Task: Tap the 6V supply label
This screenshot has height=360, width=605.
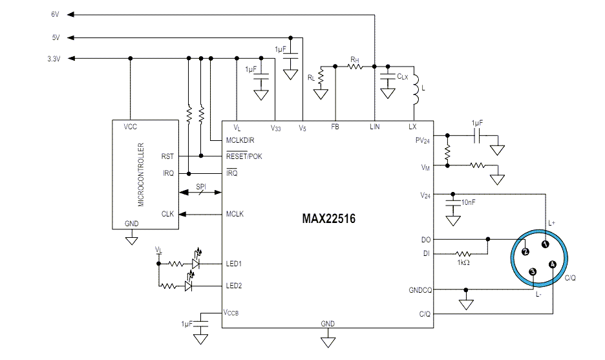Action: pyautogui.click(x=55, y=14)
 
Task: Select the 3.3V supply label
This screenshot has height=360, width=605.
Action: pyautogui.click(x=54, y=59)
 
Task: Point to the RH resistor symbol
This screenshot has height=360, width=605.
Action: pyautogui.click(x=355, y=65)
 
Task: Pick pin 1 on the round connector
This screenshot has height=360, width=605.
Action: pyautogui.click(x=546, y=244)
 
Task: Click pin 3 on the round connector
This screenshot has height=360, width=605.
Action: pyautogui.click(x=532, y=272)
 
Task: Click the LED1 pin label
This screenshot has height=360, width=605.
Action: pyautogui.click(x=235, y=264)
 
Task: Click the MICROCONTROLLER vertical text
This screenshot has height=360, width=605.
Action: pyautogui.click(x=140, y=174)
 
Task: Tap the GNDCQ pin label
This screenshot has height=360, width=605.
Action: pyautogui.click(x=419, y=290)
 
